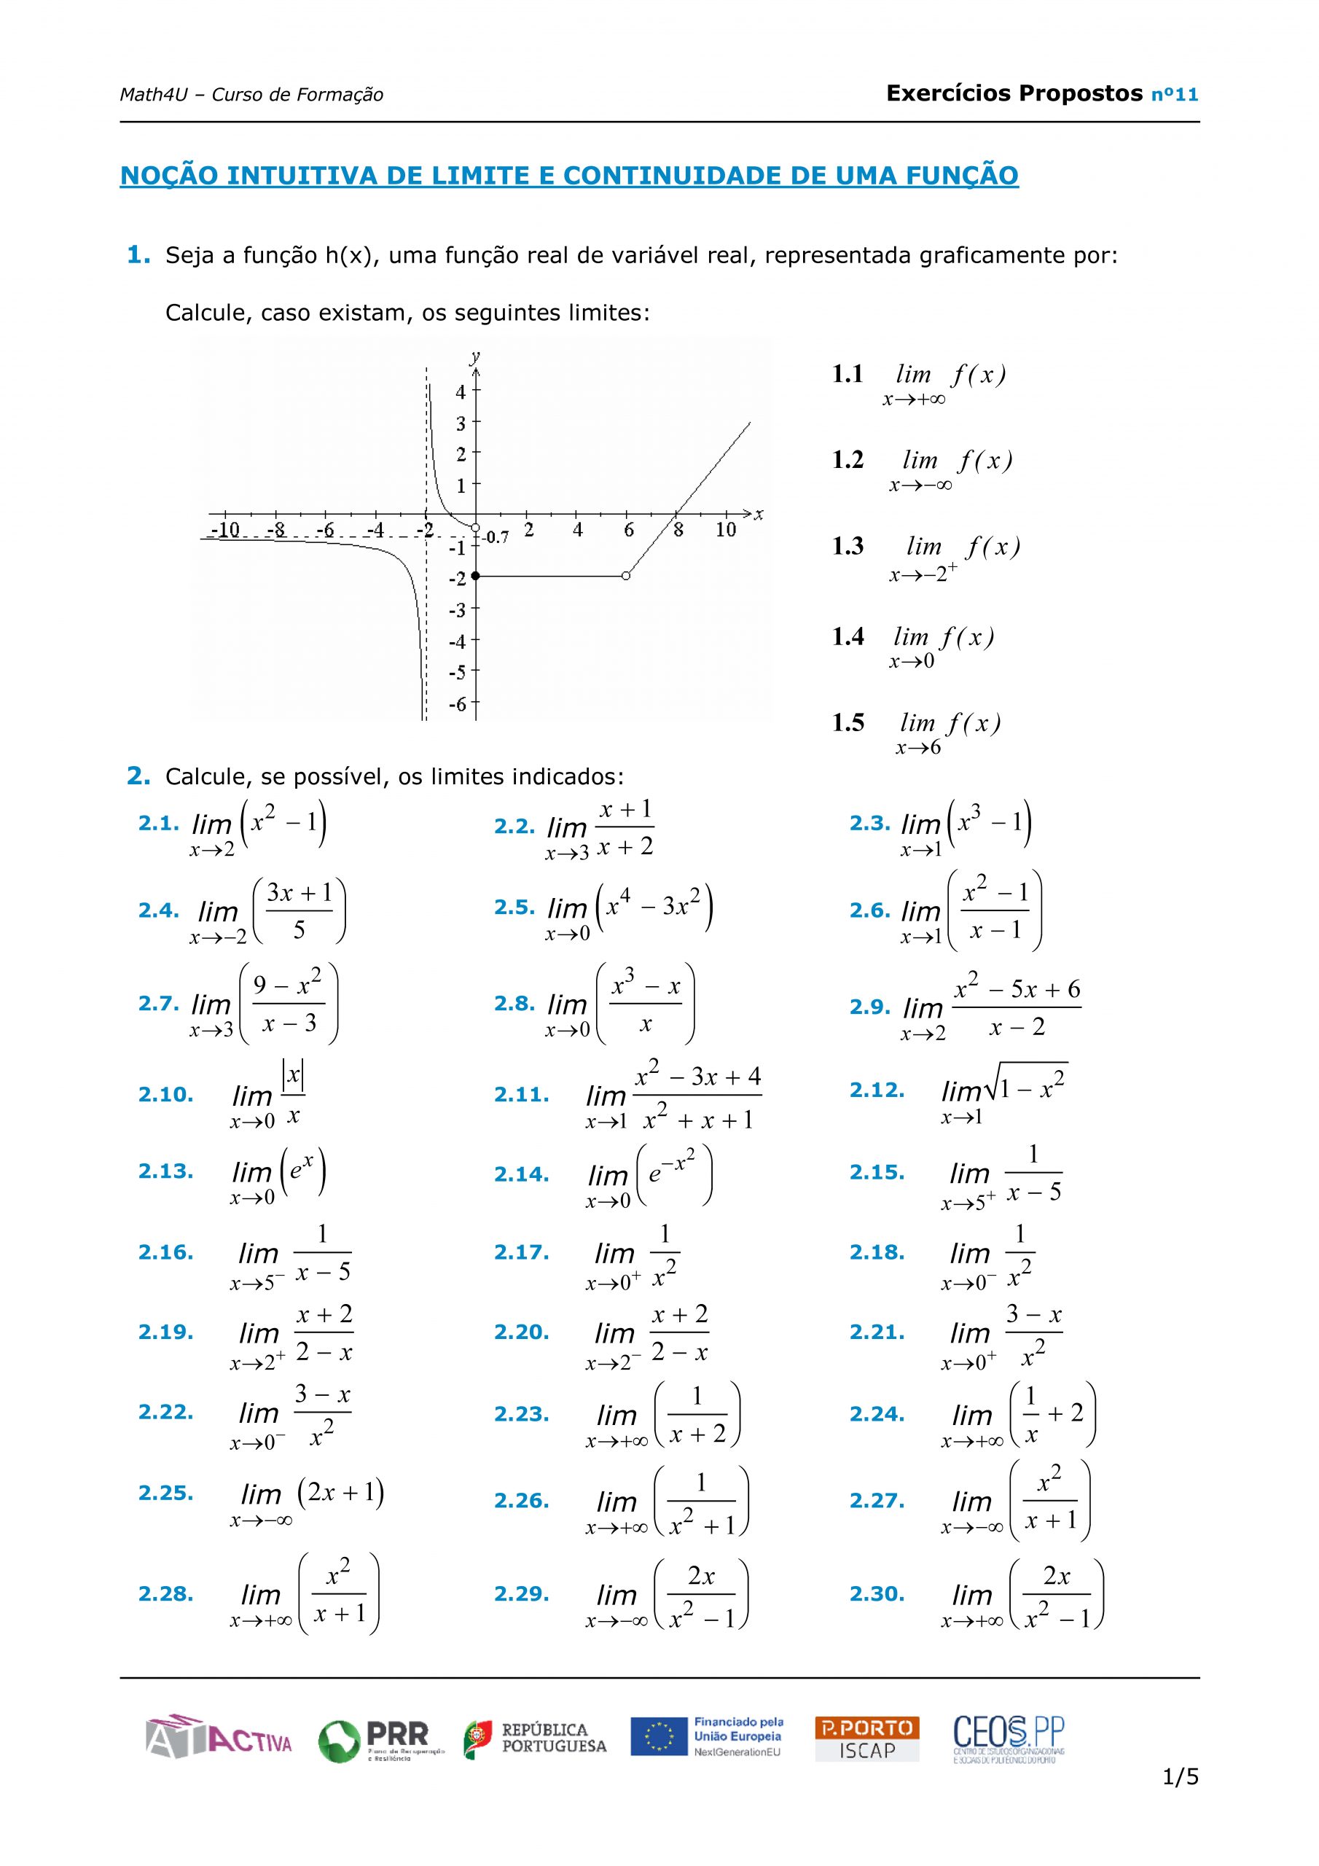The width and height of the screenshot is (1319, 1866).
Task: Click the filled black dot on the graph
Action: tap(475, 575)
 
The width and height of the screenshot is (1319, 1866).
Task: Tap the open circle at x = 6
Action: tap(625, 575)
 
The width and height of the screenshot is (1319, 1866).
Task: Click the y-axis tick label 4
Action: tap(461, 391)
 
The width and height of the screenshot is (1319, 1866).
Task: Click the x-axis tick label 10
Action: tap(725, 530)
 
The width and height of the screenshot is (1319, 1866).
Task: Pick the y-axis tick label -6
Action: tap(458, 704)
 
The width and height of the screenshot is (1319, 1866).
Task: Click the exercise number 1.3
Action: tap(848, 546)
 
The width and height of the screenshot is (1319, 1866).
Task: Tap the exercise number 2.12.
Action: tap(877, 1090)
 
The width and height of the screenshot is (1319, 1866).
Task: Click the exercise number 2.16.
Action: tap(166, 1252)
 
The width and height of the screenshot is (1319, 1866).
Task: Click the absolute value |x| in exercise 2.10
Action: tap(292, 1076)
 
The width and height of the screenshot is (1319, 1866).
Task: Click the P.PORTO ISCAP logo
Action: tap(866, 1738)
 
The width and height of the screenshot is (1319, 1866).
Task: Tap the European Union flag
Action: tap(658, 1738)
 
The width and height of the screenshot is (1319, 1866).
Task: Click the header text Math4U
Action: tap(153, 95)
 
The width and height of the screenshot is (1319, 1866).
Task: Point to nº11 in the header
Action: tap(1175, 95)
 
